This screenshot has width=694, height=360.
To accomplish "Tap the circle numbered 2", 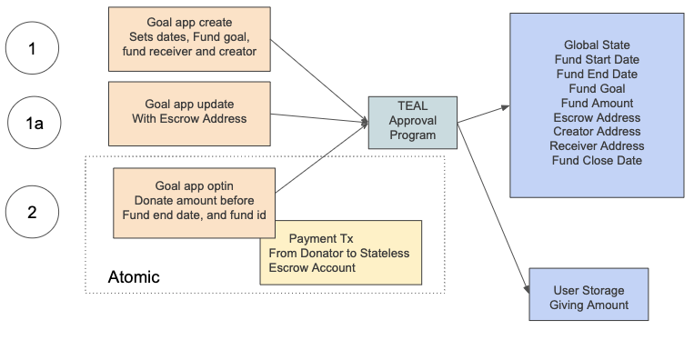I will point(33,213).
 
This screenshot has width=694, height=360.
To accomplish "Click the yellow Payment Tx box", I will point(339,253).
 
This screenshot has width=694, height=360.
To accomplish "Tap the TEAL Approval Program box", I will point(412,122).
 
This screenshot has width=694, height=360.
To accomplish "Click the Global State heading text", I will point(596,45).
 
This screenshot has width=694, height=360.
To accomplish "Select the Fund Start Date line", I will point(596,59).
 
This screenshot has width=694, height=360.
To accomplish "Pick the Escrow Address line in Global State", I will point(596,117).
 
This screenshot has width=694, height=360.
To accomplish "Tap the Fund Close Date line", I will point(596,161).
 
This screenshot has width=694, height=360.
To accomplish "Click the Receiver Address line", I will point(596,146).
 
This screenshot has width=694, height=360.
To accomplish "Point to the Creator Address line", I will point(596,132).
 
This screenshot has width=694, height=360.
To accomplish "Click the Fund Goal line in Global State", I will point(596,88).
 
